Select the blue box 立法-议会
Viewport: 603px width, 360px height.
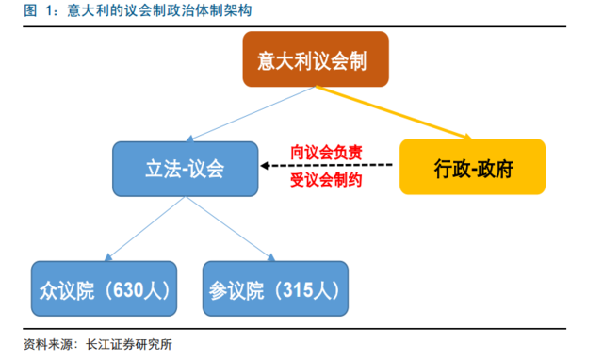[x=185, y=169]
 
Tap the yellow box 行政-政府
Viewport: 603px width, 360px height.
[x=473, y=167]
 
